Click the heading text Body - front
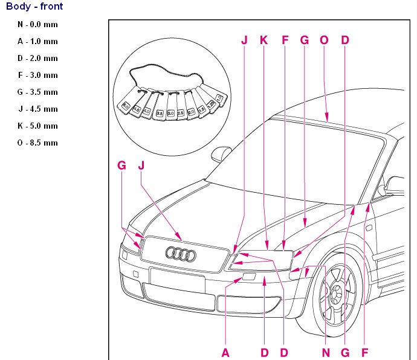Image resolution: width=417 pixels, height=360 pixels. tap(34, 7)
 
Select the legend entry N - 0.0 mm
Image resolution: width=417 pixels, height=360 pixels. tap(37, 25)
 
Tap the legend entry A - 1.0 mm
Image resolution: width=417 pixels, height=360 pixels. tap(37, 42)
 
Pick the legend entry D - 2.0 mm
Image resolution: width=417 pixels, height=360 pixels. tap(37, 59)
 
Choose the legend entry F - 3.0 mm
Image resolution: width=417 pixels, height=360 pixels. tap(37, 76)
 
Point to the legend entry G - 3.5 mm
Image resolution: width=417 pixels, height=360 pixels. tap(37, 92)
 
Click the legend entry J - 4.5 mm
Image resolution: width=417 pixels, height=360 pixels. tap(37, 109)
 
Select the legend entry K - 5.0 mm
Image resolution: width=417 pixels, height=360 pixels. tap(37, 126)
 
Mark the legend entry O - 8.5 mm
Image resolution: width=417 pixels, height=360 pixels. tap(37, 143)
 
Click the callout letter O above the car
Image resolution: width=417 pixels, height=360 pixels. tap(324, 40)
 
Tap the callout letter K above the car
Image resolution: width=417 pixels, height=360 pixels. tap(263, 40)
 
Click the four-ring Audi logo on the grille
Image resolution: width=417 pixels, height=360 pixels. tap(181, 254)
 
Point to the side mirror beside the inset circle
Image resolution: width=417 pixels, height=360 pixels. tap(222, 150)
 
